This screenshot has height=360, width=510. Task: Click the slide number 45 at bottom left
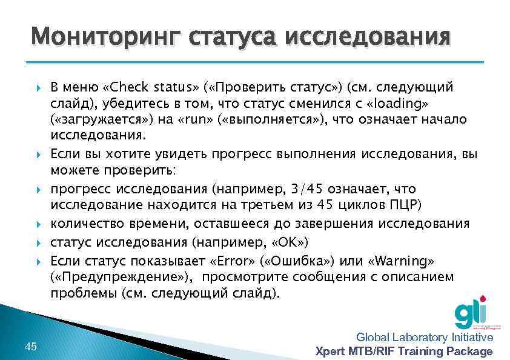click(x=31, y=346)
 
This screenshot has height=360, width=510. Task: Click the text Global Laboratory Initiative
click(x=425, y=338)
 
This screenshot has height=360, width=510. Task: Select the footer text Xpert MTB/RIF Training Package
click(x=405, y=352)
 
